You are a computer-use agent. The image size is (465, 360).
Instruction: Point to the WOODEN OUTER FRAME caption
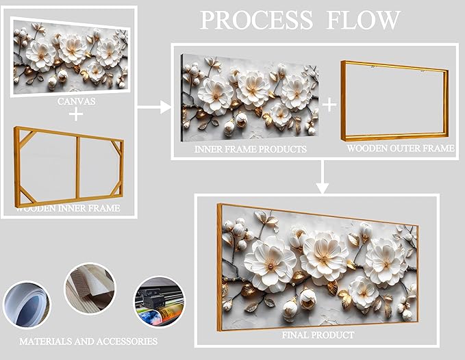(400, 148)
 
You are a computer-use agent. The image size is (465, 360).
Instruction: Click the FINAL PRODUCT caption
(318, 335)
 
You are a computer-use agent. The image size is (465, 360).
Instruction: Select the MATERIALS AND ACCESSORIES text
(88, 341)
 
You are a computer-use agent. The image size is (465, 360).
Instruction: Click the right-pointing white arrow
(153, 107)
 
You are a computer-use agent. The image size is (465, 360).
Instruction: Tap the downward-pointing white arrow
(322, 180)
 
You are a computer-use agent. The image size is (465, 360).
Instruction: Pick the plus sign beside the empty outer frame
(330, 104)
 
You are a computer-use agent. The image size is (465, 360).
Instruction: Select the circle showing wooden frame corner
(90, 289)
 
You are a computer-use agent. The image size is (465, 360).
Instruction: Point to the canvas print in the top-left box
(71, 55)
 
